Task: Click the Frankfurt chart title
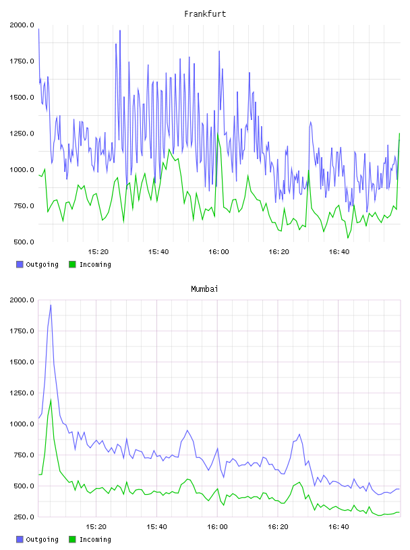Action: coord(205,13)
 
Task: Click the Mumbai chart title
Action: coord(204,288)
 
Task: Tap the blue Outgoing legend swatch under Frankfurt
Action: coord(20,264)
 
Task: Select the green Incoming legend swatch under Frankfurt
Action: coord(72,264)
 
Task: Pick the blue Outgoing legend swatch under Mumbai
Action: coord(20,539)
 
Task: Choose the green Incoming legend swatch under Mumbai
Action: coord(72,539)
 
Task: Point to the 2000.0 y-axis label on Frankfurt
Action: coord(22,25)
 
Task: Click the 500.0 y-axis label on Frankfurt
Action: coord(24,242)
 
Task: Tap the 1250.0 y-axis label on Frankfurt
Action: coord(22,133)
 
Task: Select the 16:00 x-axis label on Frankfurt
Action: coord(218,252)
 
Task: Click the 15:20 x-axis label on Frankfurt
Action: coord(98,252)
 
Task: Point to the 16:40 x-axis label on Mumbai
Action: coord(339,527)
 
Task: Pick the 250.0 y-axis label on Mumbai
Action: coord(24,517)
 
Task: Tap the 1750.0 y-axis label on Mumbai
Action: coord(22,331)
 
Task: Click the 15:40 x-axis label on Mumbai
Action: coord(156,527)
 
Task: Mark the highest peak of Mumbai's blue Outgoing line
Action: coord(51,305)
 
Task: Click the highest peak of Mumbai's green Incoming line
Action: coord(51,400)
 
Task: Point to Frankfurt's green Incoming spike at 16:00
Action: coord(218,133)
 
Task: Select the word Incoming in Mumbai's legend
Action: coord(95,540)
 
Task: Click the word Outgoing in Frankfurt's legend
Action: coord(42,265)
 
